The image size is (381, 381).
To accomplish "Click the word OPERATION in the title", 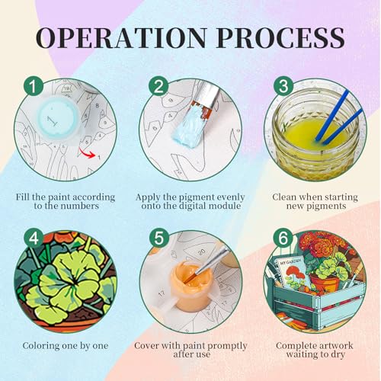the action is click(121, 38).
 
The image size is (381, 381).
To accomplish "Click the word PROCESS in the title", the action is click(280, 38).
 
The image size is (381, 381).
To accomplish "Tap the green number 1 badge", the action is click(34, 86).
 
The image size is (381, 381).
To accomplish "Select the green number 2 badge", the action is click(158, 86).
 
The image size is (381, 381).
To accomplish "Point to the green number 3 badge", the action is click(283, 86).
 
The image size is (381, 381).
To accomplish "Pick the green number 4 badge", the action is click(34, 239).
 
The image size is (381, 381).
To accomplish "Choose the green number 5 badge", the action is click(158, 239).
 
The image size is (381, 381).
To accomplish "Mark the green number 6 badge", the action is click(283, 239).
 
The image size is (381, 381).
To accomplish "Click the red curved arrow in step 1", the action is click(87, 153).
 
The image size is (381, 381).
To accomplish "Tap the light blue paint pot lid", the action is click(58, 117).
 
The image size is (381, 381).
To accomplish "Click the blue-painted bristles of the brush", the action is click(187, 126).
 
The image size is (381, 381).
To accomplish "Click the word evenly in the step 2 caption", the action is click(228, 197).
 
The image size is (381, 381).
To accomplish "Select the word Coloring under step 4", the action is click(40, 346).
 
